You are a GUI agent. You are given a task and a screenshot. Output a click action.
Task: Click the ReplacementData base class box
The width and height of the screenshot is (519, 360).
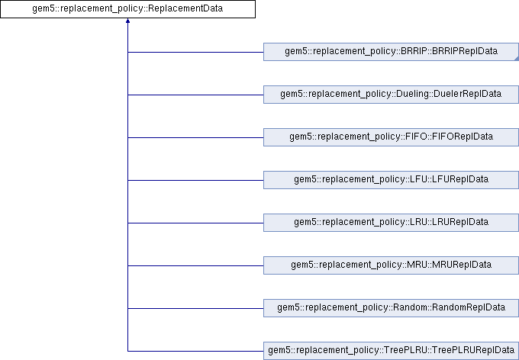[x=127, y=9]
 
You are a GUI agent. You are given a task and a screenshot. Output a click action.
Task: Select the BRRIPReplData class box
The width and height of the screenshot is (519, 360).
[x=390, y=52]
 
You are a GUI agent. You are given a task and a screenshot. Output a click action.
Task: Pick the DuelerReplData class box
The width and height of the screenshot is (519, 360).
[x=390, y=95]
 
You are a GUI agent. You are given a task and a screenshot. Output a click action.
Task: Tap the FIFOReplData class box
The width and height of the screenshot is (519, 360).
[x=390, y=137]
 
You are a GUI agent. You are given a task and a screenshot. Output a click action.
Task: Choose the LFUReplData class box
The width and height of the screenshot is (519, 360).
[x=390, y=180]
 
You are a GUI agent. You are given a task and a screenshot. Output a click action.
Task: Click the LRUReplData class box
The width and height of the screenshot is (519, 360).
[x=390, y=223]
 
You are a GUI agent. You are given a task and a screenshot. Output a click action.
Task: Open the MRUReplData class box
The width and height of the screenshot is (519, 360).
[x=390, y=265]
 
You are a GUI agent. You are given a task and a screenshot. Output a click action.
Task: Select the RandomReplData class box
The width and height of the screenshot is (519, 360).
[x=390, y=308]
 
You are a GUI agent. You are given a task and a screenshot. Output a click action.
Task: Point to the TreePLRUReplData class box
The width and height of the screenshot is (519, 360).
[x=390, y=351]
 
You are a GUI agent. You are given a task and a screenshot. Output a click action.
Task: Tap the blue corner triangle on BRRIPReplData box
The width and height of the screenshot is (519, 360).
[x=515, y=58]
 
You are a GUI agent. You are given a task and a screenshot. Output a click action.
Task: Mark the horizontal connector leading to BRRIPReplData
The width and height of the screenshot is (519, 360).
[x=195, y=52]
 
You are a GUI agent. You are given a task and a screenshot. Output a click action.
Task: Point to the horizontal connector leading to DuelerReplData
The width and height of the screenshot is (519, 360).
[x=195, y=95]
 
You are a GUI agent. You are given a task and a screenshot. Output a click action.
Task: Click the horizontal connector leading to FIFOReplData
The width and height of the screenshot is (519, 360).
[x=195, y=137]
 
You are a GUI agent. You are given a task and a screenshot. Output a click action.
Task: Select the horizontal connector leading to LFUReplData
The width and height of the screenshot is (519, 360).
[x=195, y=180]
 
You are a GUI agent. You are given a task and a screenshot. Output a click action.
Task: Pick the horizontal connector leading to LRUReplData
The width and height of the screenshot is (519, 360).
[x=195, y=223]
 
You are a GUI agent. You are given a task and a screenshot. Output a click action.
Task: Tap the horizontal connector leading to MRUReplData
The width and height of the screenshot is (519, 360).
[x=195, y=265]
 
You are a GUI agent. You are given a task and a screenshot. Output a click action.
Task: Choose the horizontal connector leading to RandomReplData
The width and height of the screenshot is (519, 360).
[x=195, y=308]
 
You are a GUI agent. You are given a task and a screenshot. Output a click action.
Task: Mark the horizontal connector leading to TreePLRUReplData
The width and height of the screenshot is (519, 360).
[x=195, y=351]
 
